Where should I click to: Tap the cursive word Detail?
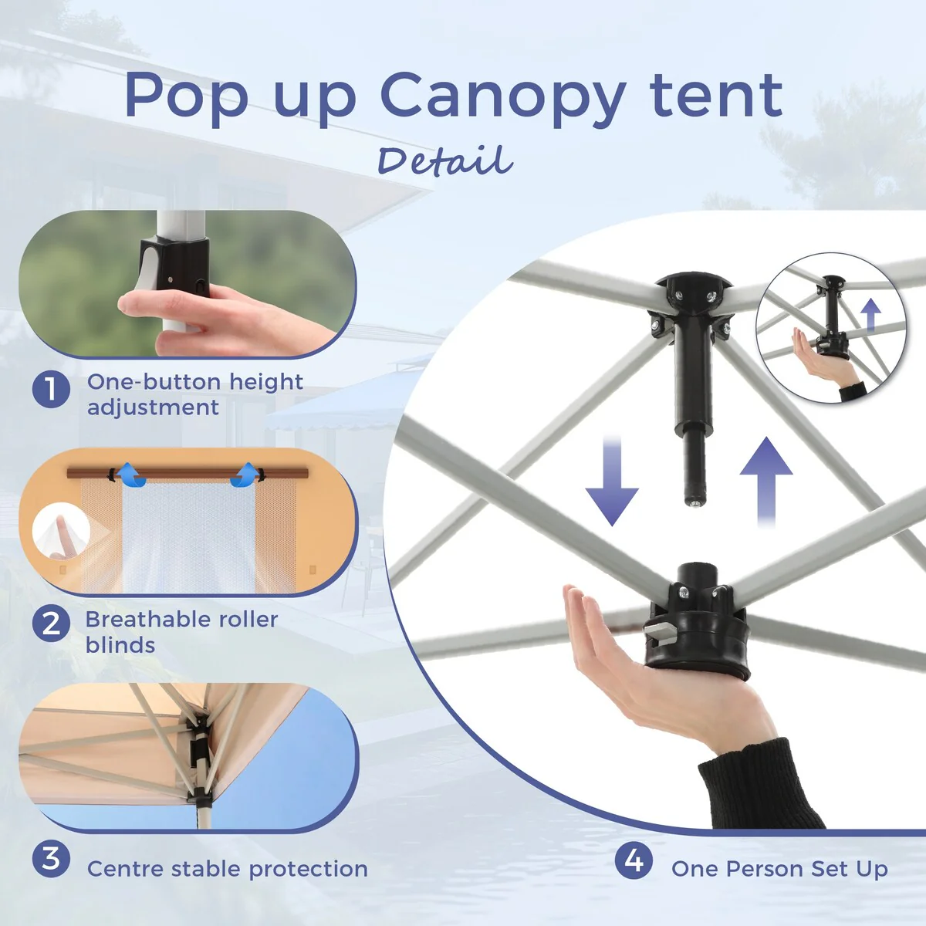(445, 161)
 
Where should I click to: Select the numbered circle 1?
(51, 389)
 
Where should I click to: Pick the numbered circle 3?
(51, 859)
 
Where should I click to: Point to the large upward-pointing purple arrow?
(766, 482)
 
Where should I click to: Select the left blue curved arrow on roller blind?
(130, 475)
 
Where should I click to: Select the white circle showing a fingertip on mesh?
(61, 531)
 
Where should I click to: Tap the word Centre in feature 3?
(125, 869)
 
